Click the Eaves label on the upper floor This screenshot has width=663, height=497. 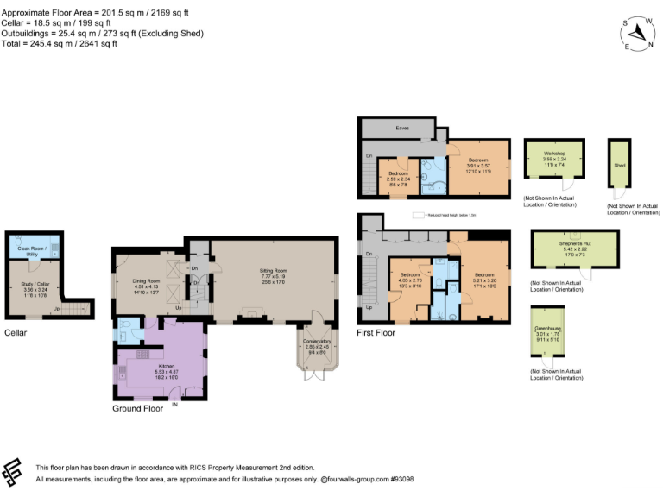(x=402, y=128)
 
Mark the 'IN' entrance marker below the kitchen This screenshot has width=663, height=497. (x=175, y=403)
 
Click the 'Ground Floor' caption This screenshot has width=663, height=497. (x=138, y=408)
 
